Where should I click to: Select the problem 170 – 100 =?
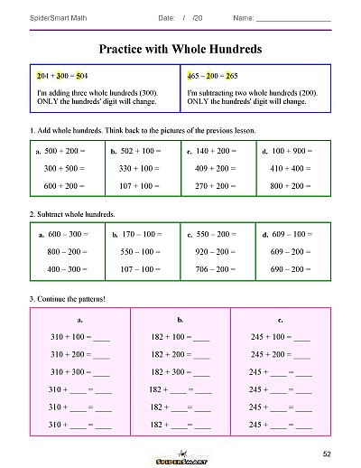(x=139, y=234)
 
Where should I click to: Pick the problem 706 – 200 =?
(x=216, y=268)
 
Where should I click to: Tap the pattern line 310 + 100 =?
(x=79, y=337)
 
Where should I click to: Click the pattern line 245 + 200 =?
(x=280, y=354)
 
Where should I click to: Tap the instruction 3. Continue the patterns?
(x=69, y=297)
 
